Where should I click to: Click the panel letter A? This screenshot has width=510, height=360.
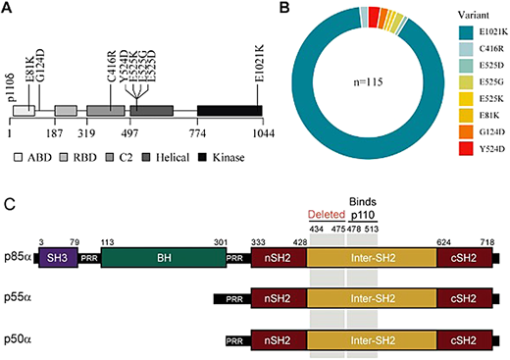10,9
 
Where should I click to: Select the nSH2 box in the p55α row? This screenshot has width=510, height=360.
279,300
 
